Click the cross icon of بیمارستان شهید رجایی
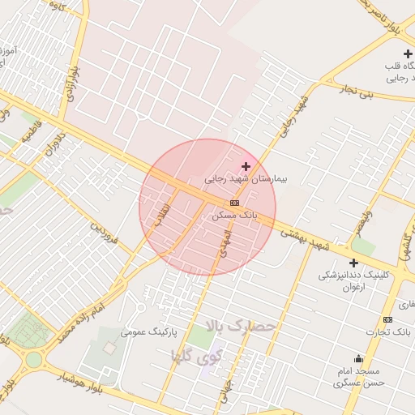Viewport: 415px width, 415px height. [x=246, y=166]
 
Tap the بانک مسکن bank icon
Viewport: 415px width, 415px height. [x=234, y=203]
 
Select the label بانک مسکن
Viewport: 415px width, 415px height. [x=234, y=216]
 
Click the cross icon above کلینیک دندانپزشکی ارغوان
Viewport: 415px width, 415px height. [x=353, y=263]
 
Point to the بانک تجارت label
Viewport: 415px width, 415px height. [x=388, y=332]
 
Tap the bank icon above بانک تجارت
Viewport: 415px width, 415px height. [x=387, y=319]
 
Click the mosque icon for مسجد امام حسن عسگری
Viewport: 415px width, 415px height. [x=358, y=358]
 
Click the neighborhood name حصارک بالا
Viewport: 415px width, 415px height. [x=242, y=327]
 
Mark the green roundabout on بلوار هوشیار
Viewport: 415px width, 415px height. [x=33, y=359]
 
